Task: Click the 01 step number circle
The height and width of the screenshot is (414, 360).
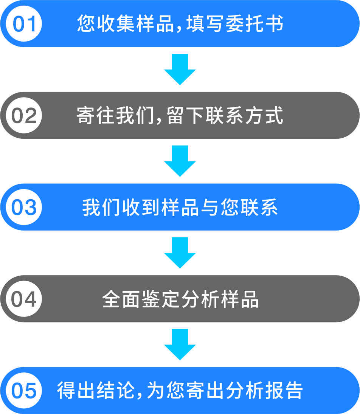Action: point(25,24)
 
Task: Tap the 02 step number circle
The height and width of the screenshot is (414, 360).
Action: point(25,116)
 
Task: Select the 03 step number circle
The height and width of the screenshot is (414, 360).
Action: point(25,208)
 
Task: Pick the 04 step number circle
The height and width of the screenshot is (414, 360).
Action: point(25,299)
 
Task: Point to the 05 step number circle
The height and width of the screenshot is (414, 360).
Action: point(25,391)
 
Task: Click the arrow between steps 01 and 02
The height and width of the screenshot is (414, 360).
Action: point(180,69)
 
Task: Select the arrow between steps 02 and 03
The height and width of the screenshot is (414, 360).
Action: point(180,161)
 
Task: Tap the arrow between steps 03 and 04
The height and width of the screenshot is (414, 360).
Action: point(180,253)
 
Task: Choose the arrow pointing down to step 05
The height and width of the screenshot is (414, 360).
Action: point(180,344)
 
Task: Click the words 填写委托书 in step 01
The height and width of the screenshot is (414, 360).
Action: point(234,24)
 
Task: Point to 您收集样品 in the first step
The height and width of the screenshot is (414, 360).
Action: point(126,24)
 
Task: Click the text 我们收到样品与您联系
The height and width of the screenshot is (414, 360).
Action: point(180,208)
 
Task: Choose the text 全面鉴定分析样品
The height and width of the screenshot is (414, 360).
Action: point(180,299)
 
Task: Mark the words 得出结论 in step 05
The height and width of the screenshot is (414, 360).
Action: point(96,391)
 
